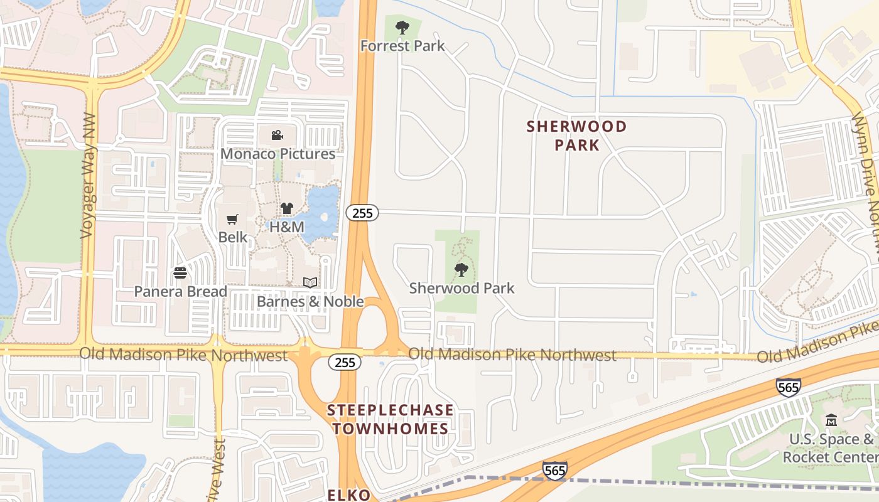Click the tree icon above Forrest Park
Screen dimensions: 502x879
coord(402,28)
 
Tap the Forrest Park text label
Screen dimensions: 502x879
coord(402,46)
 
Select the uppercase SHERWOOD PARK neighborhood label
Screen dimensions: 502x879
coord(576,136)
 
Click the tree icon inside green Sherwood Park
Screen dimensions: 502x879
coord(461,270)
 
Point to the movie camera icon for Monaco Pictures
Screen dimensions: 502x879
coord(277,136)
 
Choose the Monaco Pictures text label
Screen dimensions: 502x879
coord(278,154)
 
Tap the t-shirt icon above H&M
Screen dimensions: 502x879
coord(287,208)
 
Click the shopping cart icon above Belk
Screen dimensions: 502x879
coord(232,220)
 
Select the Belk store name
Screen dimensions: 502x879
coord(233,238)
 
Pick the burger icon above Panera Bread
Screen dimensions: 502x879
coord(180,273)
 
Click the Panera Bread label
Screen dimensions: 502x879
coord(181,292)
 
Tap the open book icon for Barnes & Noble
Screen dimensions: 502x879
coord(310,283)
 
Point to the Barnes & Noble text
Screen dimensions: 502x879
coord(310,302)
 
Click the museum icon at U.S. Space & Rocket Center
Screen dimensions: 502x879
coord(831,420)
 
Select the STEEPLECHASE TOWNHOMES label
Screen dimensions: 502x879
coord(390,420)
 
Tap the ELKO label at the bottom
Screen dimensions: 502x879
coord(349,495)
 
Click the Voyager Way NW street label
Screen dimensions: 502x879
coord(87,176)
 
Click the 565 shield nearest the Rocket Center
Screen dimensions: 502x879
coord(788,387)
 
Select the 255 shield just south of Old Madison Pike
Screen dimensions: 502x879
coord(345,362)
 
